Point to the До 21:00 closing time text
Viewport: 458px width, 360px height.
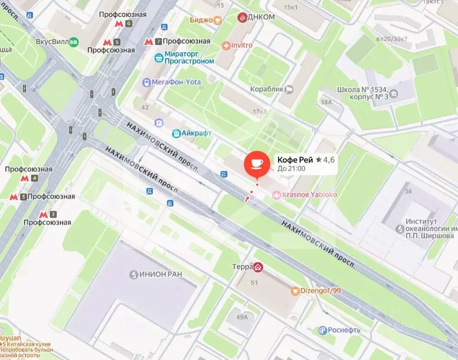click(291, 169)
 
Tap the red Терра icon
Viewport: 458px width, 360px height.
click(258, 267)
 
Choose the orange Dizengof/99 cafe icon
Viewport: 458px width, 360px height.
click(295, 291)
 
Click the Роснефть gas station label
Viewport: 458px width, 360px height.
click(344, 330)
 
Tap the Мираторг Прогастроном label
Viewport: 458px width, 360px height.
click(189, 58)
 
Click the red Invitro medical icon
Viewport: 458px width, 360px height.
click(226, 45)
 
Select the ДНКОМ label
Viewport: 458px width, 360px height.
click(262, 17)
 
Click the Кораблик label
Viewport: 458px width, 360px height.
click(265, 88)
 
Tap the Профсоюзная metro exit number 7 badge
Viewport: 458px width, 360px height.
click(159, 41)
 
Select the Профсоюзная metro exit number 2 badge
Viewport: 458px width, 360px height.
click(53, 214)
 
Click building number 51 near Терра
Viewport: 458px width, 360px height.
click(254, 283)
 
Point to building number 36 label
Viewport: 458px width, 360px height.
click(408, 191)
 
